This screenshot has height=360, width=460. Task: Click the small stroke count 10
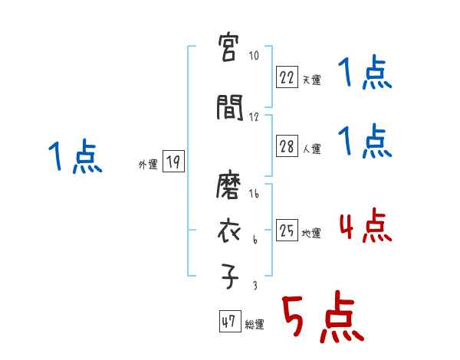click(255, 56)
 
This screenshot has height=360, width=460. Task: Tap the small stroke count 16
click(255, 195)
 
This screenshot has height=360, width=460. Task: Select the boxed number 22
click(287, 77)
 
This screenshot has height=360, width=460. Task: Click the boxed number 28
click(287, 147)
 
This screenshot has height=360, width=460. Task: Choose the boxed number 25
click(287, 231)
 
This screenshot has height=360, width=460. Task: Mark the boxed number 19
click(173, 162)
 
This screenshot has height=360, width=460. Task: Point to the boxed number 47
click(228, 322)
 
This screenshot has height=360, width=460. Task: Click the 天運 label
click(311, 79)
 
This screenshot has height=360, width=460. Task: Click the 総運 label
click(255, 324)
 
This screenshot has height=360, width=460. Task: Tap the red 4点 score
click(365, 227)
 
